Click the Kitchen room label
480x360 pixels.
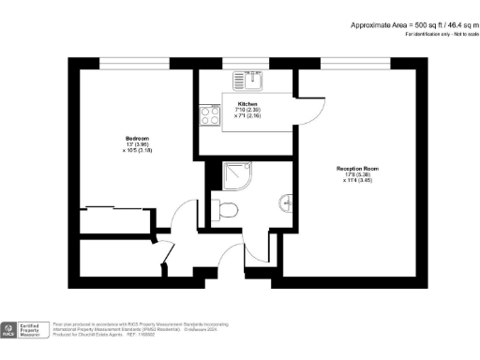click(x=247, y=103)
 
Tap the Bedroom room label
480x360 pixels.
click(x=137, y=138)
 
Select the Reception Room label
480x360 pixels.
click(x=356, y=169)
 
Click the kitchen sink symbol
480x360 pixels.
click(x=251, y=79)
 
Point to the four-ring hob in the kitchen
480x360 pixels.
click(x=206, y=114)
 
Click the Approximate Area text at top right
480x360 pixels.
click(x=410, y=24)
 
